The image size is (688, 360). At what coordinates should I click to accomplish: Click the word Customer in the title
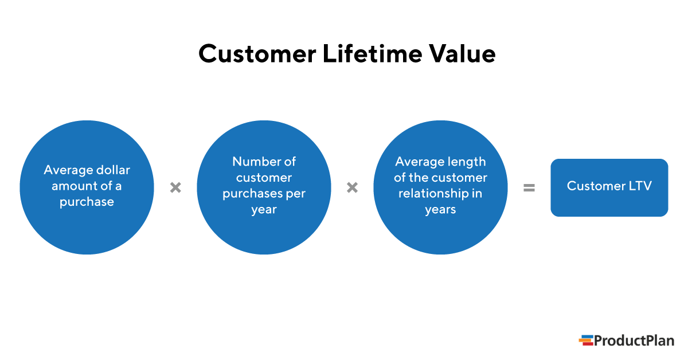[x=257, y=54]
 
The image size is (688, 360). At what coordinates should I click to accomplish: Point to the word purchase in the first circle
[x=87, y=202]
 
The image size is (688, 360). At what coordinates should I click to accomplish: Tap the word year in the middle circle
[x=264, y=210]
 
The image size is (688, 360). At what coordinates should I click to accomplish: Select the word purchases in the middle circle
[x=251, y=194]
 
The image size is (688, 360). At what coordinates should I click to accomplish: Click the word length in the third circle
[x=465, y=162]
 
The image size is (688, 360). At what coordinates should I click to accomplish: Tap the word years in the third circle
[x=440, y=210]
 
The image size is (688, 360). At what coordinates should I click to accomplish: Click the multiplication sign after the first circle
[x=175, y=187]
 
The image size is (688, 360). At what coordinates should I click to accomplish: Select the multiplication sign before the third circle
[x=352, y=187]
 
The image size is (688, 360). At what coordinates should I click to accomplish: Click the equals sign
[x=529, y=187]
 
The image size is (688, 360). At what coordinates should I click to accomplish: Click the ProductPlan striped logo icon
[x=585, y=341]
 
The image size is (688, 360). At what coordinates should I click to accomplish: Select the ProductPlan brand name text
[x=634, y=341]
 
